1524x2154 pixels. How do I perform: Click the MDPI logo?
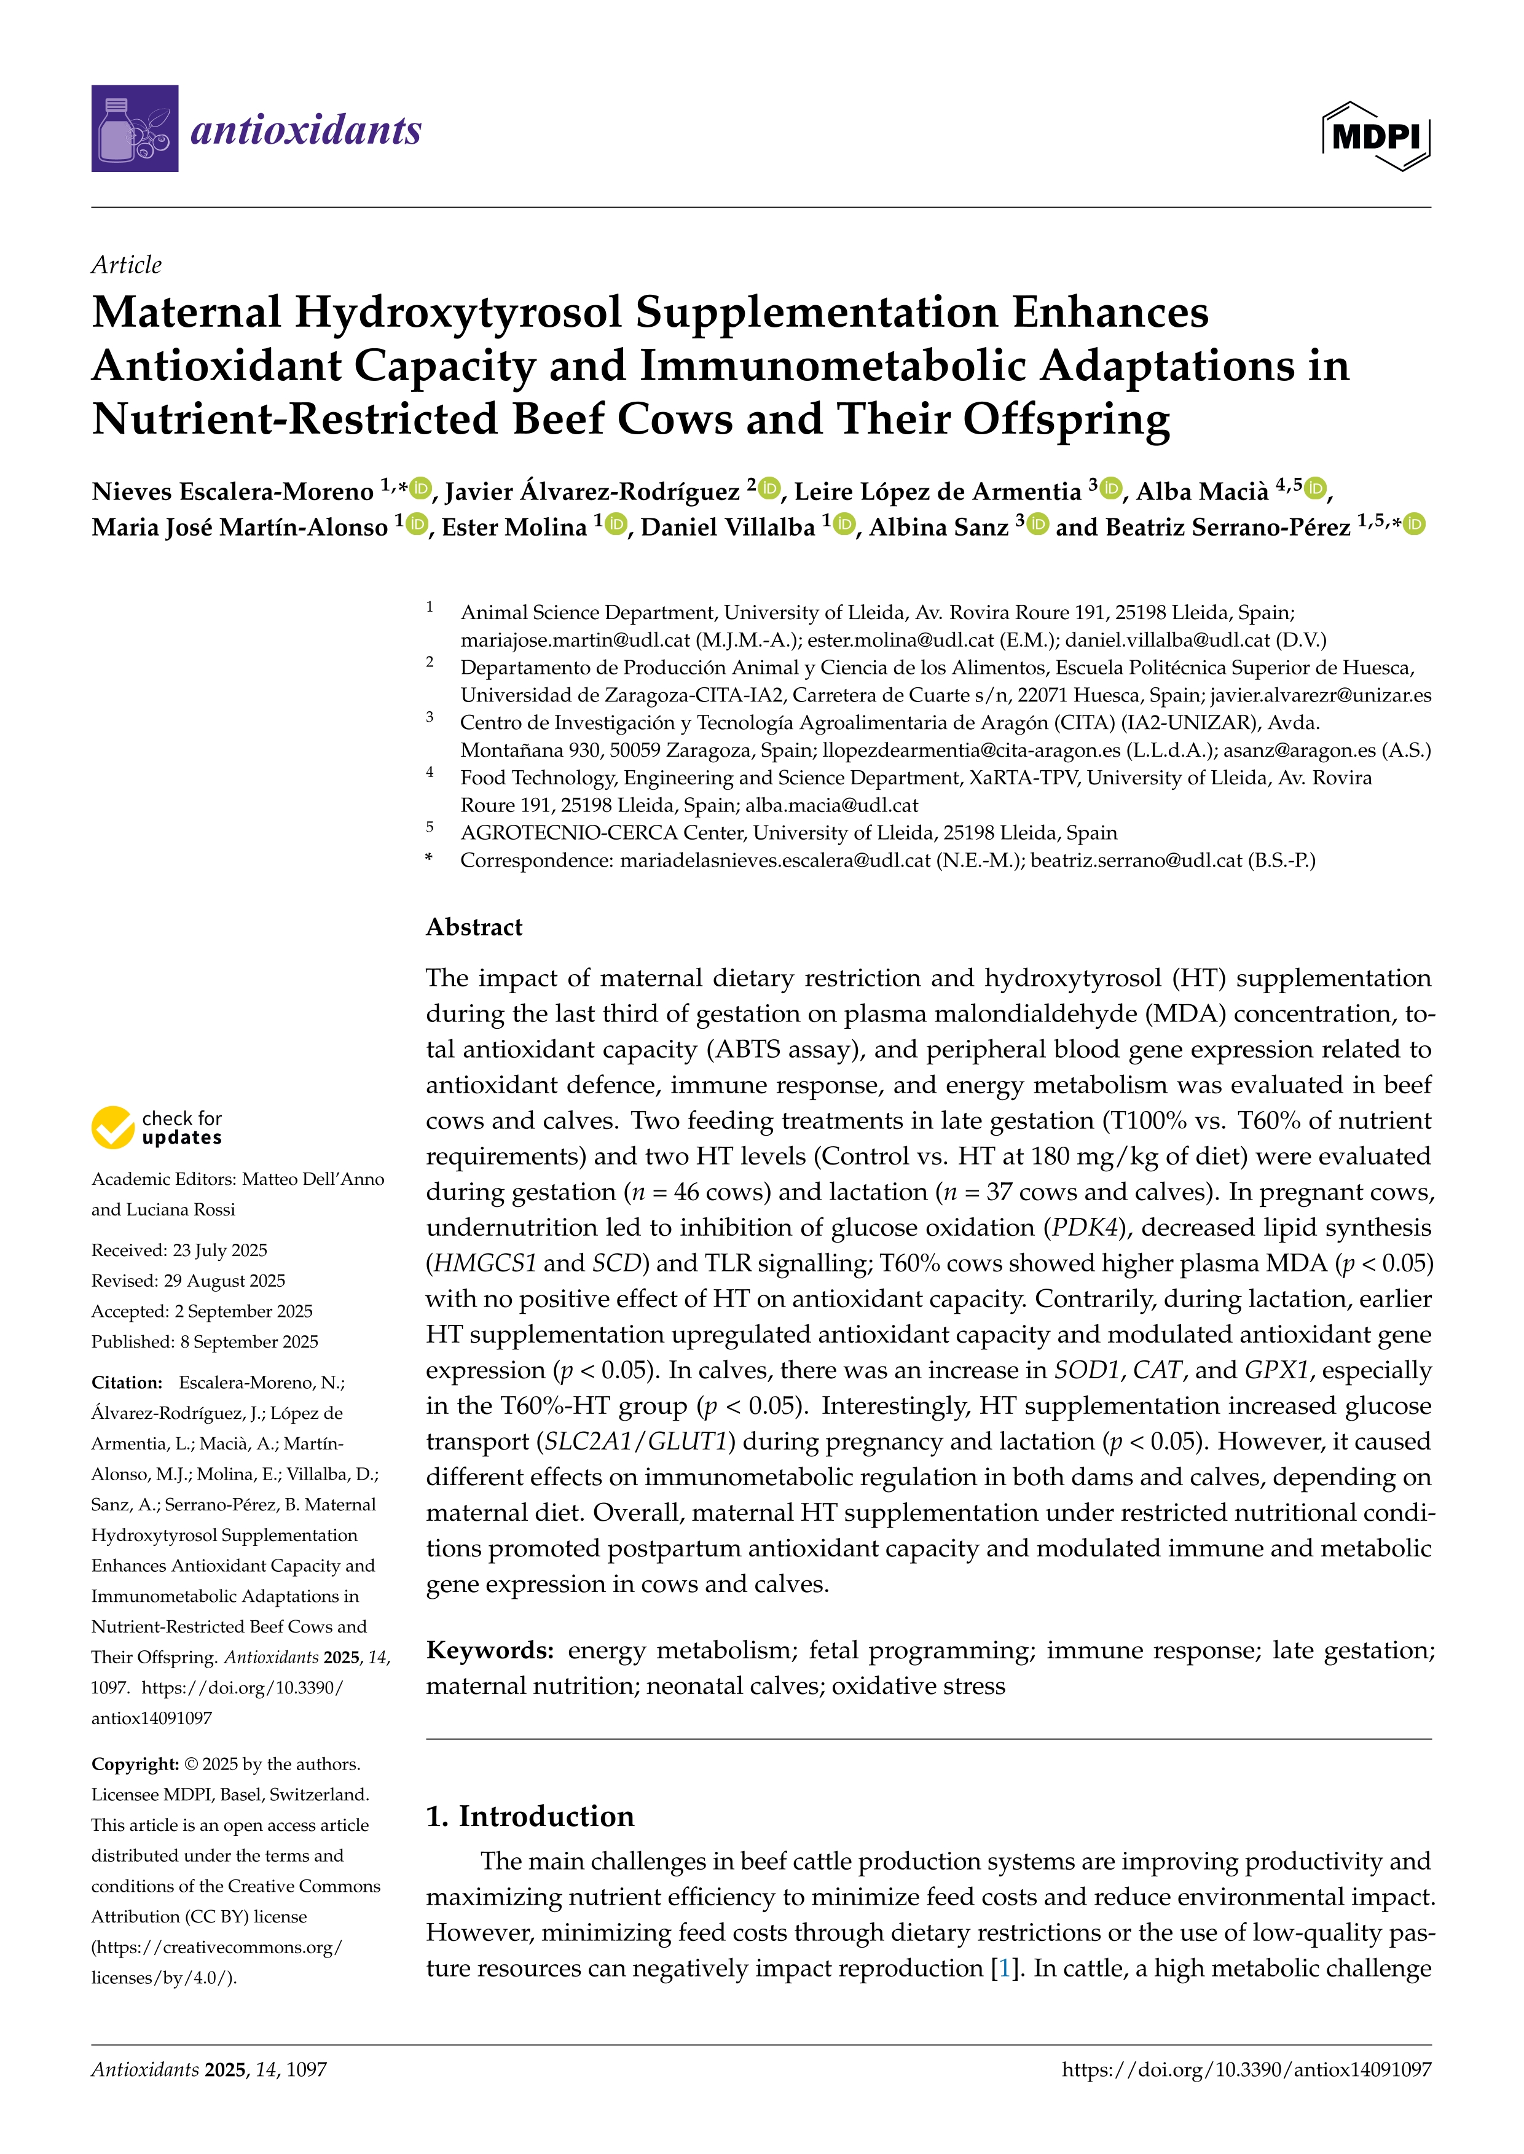pyautogui.click(x=1376, y=137)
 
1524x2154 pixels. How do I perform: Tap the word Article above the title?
pyautogui.click(x=126, y=265)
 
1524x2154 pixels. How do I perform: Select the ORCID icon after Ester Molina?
pyautogui.click(x=616, y=525)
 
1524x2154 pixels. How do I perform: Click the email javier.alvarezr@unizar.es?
pyautogui.click(x=1321, y=695)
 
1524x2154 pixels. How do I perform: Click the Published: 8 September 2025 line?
pyautogui.click(x=205, y=1341)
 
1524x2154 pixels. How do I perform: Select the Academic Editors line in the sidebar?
pyautogui.click(x=237, y=1179)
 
